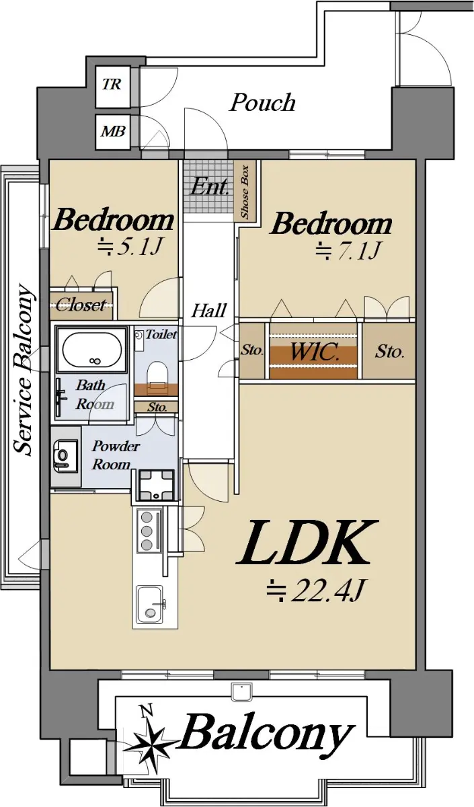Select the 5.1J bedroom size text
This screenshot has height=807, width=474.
click(x=130, y=247)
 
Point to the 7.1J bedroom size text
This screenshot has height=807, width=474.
click(x=348, y=250)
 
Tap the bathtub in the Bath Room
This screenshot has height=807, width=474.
click(x=93, y=349)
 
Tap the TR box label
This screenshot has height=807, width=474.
click(x=112, y=85)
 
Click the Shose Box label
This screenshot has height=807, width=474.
click(x=245, y=192)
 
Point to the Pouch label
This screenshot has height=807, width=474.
click(x=263, y=103)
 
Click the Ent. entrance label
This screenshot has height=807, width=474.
click(x=209, y=187)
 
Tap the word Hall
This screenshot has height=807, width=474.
click(x=209, y=310)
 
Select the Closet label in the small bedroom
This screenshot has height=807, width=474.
click(x=81, y=305)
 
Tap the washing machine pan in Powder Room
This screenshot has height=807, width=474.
click(x=156, y=485)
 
